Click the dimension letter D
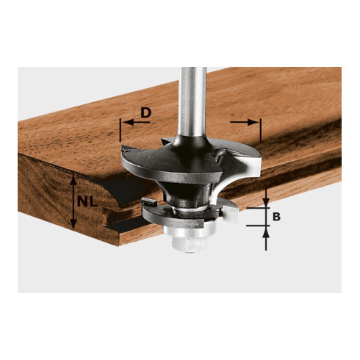(146, 113)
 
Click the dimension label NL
(87, 202)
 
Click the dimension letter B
(276, 217)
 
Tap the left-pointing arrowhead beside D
(129, 122)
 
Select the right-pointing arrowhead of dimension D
(253, 122)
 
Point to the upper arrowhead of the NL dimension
(73, 181)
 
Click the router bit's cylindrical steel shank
(192, 101)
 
